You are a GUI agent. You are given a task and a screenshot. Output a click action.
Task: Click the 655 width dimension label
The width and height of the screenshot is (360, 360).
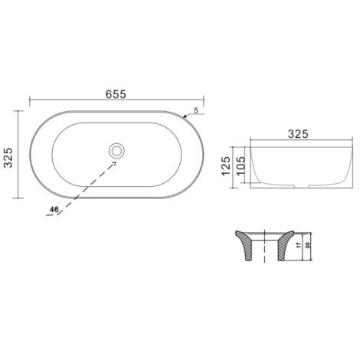(x=116, y=94)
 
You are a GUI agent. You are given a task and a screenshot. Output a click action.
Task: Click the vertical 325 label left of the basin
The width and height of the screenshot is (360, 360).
(x=8, y=158)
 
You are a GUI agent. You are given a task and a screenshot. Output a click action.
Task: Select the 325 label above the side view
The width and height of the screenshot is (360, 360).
(x=298, y=134)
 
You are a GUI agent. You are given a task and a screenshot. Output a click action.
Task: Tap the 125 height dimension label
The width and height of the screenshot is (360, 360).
(x=226, y=166)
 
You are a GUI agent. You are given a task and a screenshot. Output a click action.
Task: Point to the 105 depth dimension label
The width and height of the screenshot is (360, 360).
(x=241, y=166)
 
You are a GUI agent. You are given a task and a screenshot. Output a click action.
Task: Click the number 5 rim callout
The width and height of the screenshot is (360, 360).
(x=196, y=111)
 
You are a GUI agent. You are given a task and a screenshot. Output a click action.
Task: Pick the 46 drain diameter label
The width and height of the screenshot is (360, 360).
(x=54, y=210)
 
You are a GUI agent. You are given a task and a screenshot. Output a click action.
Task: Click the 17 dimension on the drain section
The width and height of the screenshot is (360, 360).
(x=299, y=245)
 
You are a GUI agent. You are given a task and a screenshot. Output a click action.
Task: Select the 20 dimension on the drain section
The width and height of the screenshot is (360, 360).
(x=307, y=245)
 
